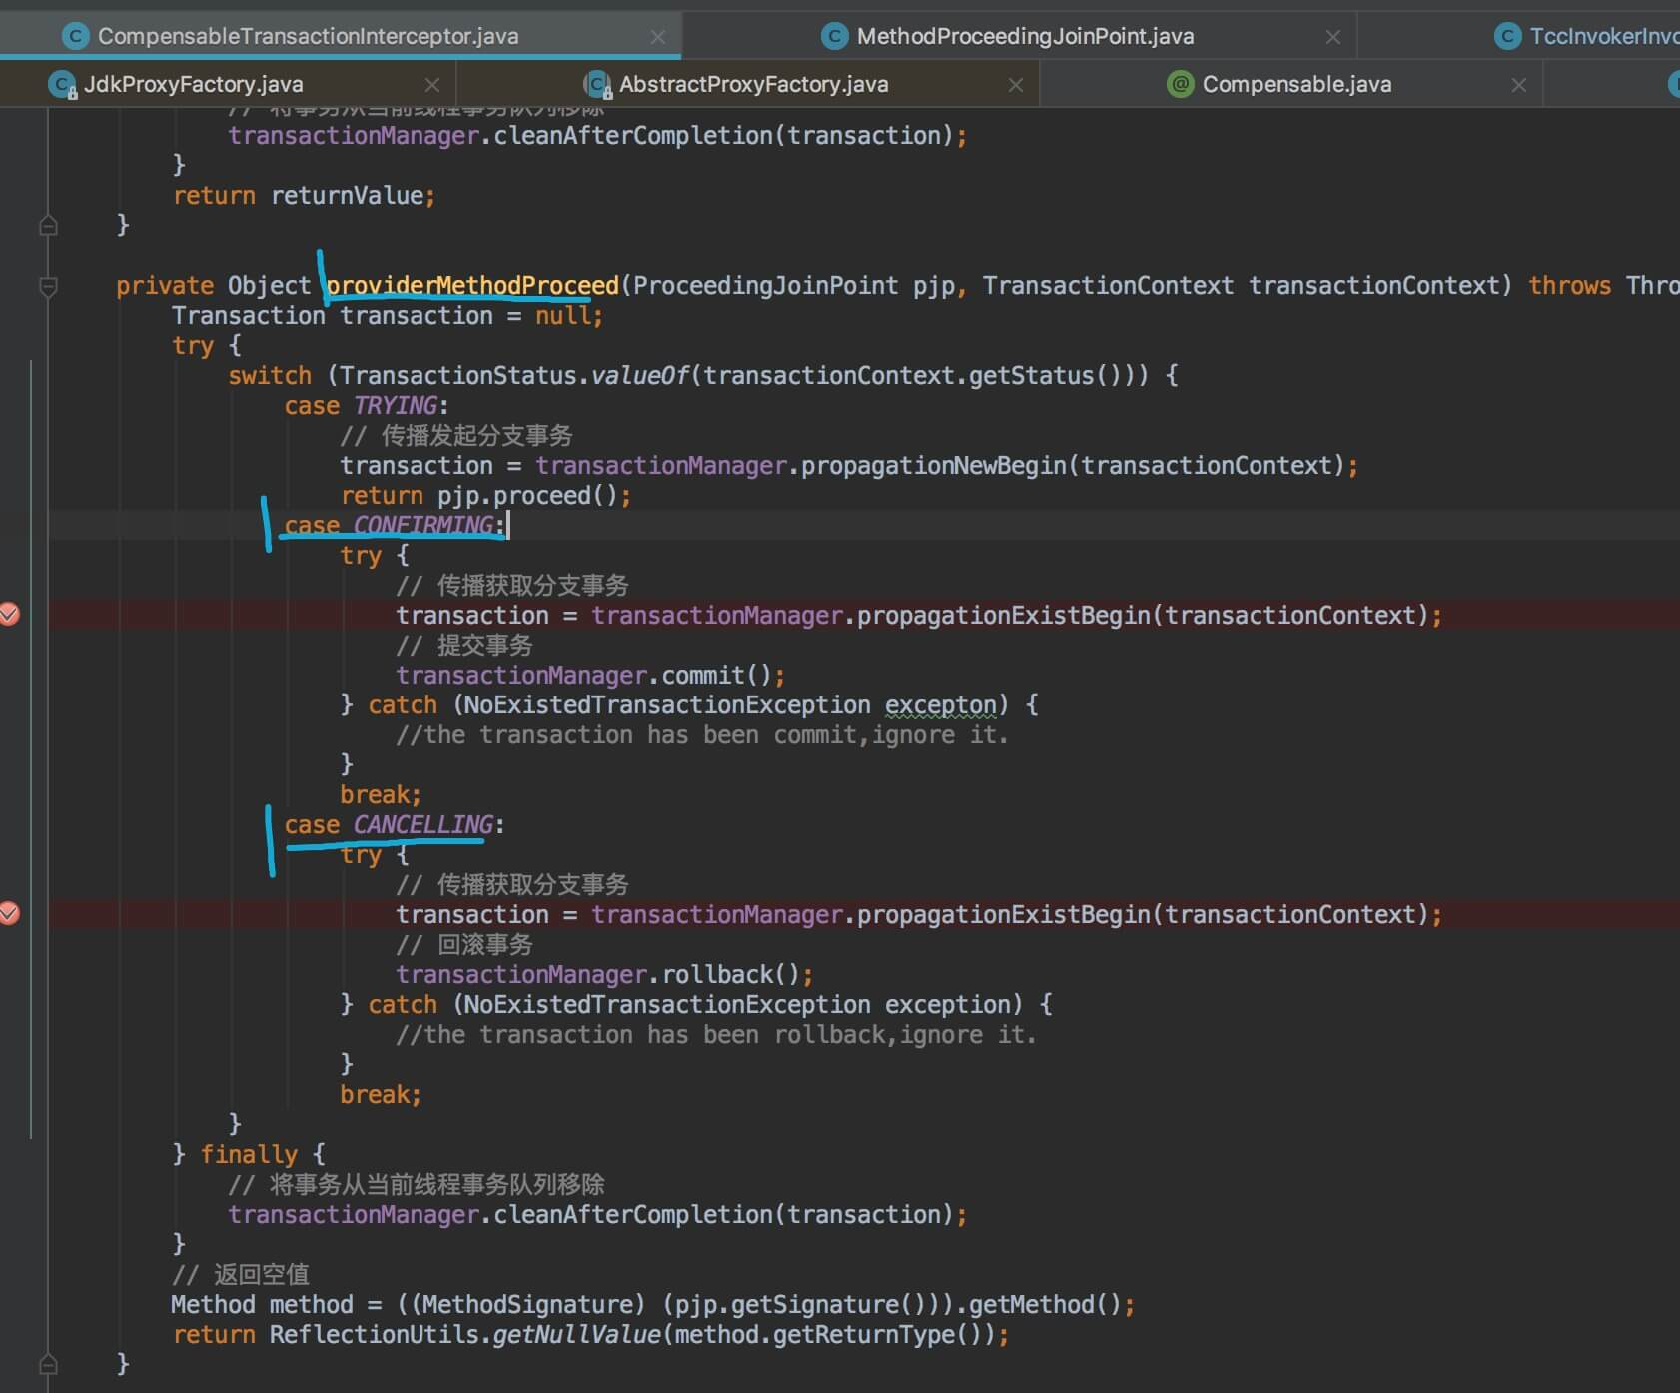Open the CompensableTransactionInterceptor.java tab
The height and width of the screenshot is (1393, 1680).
[x=308, y=37]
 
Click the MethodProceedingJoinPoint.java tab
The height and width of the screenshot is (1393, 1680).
[x=1025, y=37]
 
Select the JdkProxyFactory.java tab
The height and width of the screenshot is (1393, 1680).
[x=193, y=85]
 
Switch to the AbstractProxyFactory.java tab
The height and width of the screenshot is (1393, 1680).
[x=753, y=85]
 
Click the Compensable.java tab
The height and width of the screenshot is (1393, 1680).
[x=1296, y=85]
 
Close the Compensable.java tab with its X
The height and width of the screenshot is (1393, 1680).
[x=1518, y=85]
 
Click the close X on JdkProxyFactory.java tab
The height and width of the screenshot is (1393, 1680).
[x=431, y=85]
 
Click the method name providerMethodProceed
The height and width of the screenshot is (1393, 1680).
[x=472, y=286]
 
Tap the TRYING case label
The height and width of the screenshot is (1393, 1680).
[x=396, y=406]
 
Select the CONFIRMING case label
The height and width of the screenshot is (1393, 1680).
[x=423, y=526]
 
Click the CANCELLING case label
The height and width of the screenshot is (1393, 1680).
[x=423, y=825]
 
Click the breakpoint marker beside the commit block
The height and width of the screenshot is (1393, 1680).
[x=10, y=614]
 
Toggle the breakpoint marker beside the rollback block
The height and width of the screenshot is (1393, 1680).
[x=10, y=913]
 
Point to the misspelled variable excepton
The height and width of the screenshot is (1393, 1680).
[x=940, y=705]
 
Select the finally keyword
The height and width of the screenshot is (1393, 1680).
[x=249, y=1155]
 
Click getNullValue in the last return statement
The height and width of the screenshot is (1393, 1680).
[x=576, y=1335]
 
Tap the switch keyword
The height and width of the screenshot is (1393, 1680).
[x=270, y=376]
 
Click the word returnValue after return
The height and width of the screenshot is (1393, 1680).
[x=347, y=196]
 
